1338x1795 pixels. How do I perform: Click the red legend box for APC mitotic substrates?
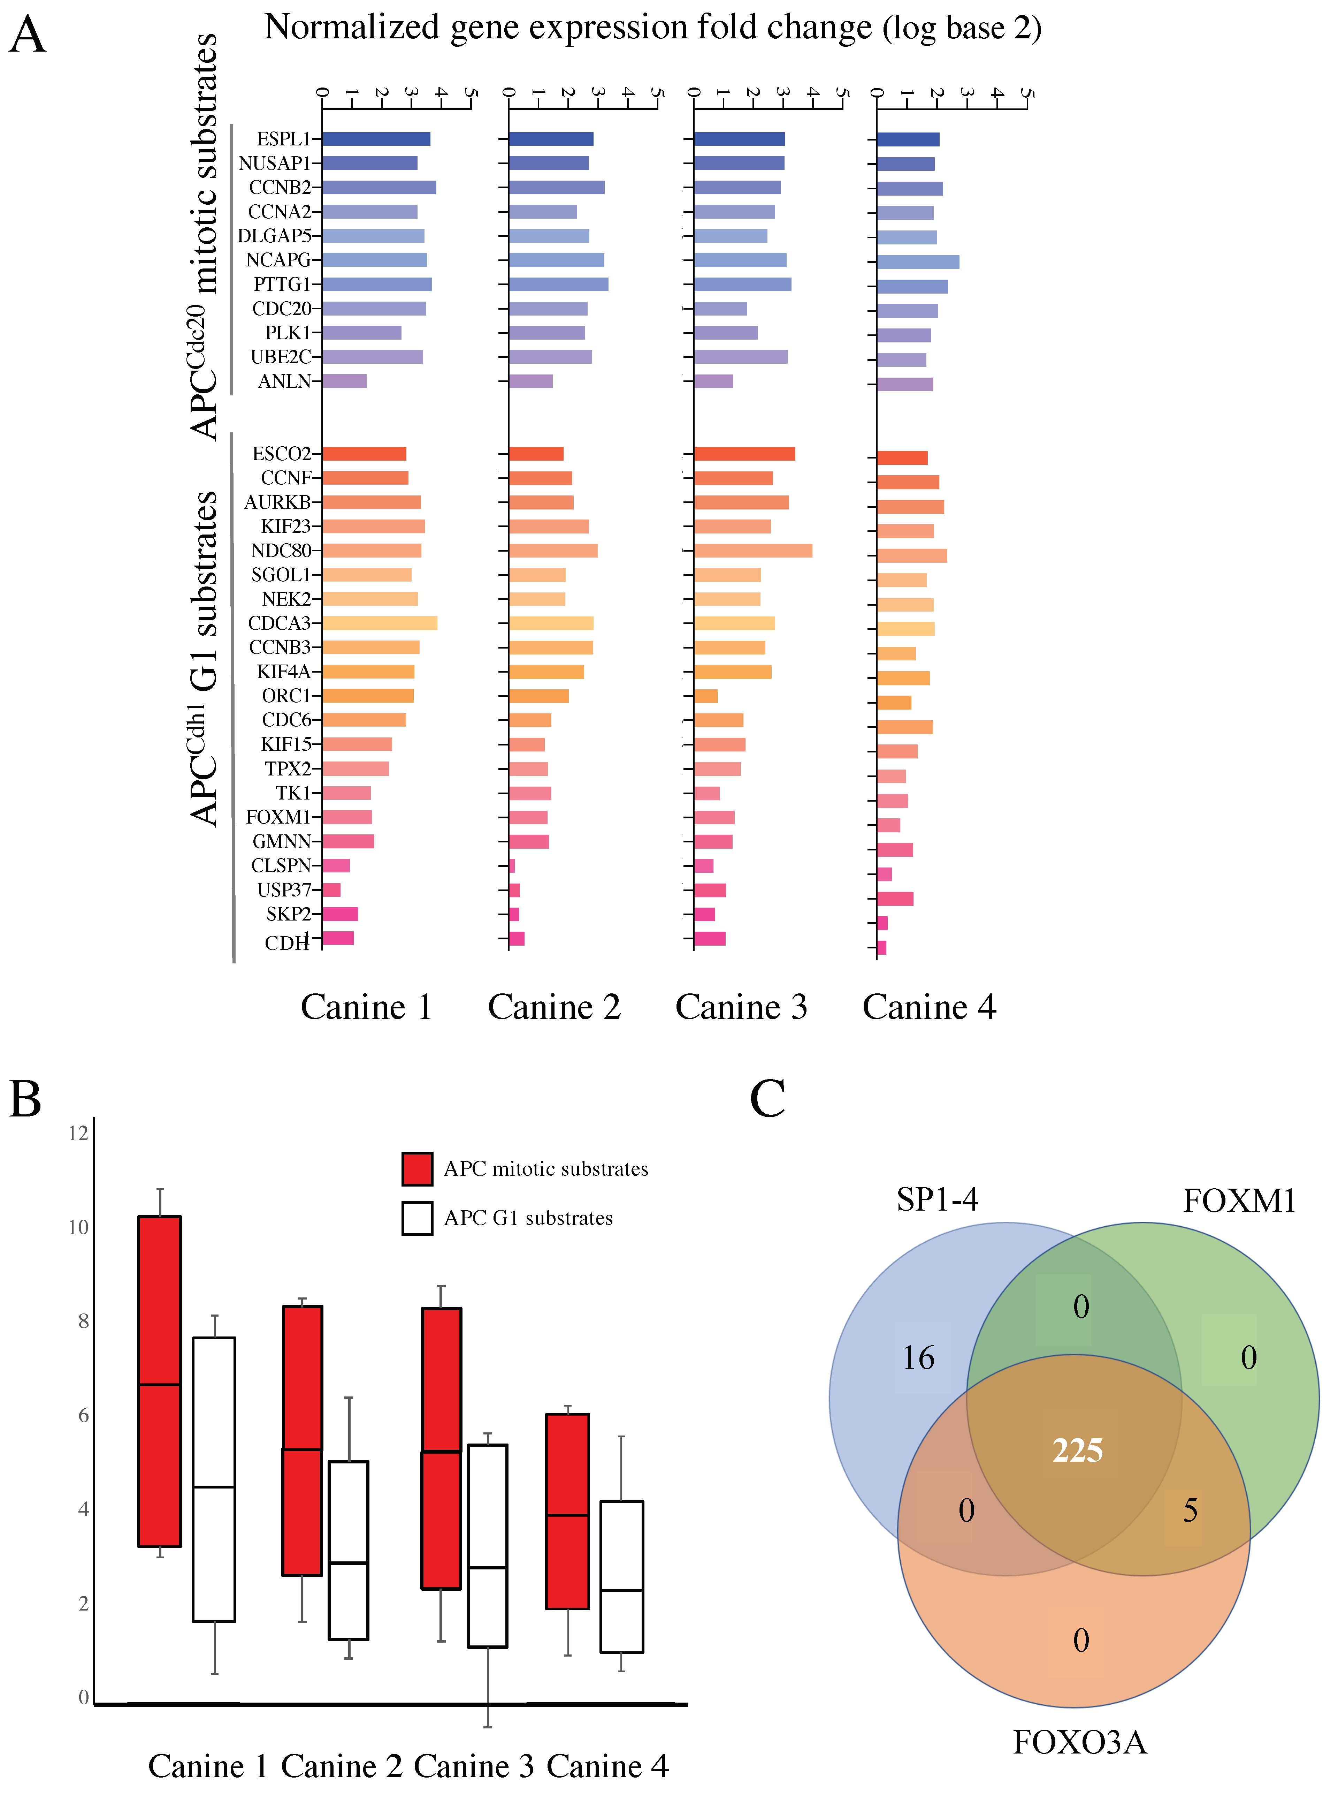[x=417, y=1168]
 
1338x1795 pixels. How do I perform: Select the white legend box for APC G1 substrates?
[x=417, y=1218]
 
